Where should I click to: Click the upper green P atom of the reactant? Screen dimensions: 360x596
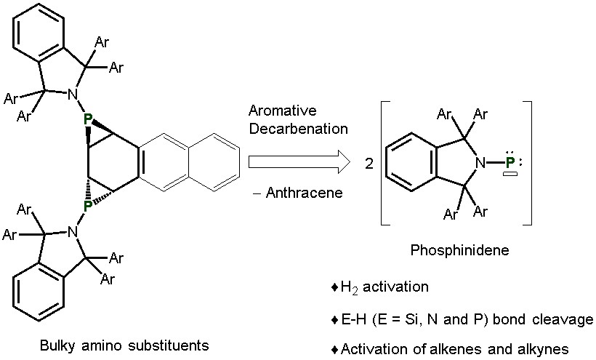[x=88, y=119]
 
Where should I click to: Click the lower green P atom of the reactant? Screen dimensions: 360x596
[x=87, y=206]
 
